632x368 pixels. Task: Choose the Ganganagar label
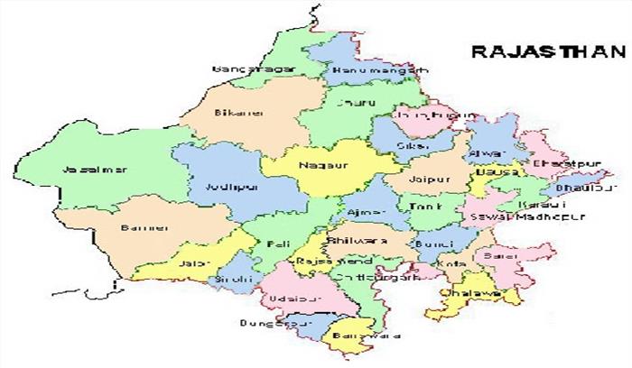click(242, 69)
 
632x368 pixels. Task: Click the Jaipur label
click(423, 179)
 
